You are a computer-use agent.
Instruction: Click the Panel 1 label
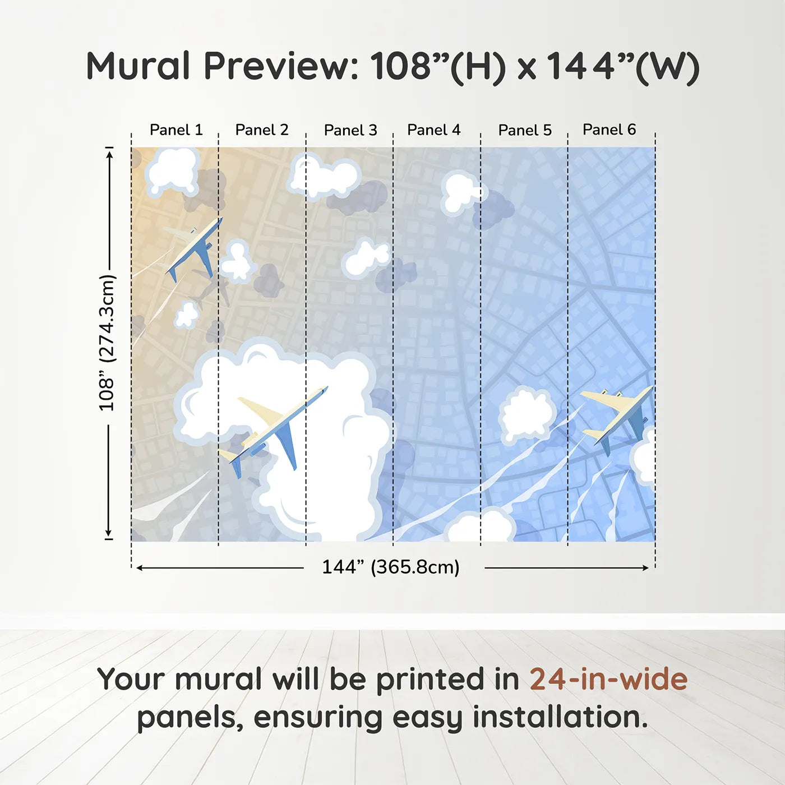tap(176, 130)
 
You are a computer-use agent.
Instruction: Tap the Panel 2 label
tap(261, 130)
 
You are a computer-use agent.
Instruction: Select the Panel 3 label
tap(350, 130)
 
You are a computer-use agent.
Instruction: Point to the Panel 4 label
tap(433, 130)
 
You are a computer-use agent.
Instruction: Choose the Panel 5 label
tap(525, 130)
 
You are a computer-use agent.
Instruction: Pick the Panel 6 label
tap(609, 130)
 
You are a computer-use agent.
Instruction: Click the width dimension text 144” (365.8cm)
tap(390, 567)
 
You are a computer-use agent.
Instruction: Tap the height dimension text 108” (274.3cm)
tap(107, 343)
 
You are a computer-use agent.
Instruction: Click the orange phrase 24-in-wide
tap(608, 680)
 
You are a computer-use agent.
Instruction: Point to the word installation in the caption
tap(560, 717)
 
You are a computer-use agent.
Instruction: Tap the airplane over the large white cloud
tap(272, 429)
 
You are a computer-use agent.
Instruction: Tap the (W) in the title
tap(667, 67)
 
